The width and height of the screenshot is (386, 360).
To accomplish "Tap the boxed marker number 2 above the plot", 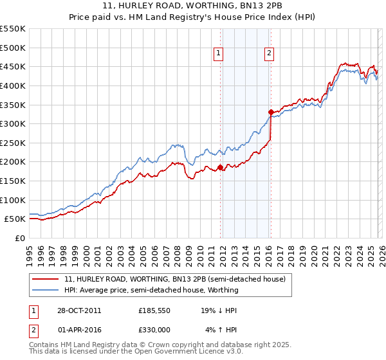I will click(x=269, y=54).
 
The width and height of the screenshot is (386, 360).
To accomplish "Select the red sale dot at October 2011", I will click(x=220, y=167).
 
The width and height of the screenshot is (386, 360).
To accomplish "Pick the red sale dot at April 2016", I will click(x=271, y=112).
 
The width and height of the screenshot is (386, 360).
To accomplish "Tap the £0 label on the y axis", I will click(x=19, y=238).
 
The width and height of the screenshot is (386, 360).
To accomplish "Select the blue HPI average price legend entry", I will click(x=151, y=290).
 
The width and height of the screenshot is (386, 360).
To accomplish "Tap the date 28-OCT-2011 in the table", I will click(x=78, y=310).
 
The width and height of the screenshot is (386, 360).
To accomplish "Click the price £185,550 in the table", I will click(x=154, y=310).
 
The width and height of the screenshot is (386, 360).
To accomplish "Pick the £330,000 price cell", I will click(x=154, y=330).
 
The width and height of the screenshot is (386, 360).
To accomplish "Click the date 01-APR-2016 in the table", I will click(x=78, y=330).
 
